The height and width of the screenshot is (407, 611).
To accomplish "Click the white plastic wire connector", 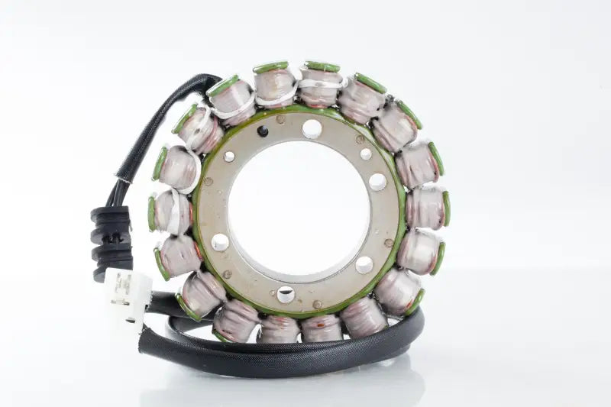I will coord(127,293).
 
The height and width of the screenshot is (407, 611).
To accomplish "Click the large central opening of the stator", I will coord(299,209).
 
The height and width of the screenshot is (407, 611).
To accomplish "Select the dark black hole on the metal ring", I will coord(263,131).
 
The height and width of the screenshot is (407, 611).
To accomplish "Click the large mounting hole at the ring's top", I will coord(312,129).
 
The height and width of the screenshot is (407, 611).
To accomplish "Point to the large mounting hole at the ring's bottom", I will coord(286,294).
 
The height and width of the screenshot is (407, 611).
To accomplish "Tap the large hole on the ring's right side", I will coord(377,182).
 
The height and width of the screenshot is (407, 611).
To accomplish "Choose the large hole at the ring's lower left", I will coord(220,242).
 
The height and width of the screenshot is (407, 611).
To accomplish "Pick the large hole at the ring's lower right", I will coord(364,265).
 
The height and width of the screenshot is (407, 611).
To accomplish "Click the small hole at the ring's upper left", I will coord(229,157).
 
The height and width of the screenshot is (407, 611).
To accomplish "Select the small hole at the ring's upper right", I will coord(366,153).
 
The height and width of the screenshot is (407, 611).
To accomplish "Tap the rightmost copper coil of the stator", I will coord(426,208).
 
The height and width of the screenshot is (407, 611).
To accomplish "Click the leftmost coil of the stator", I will coord(170,212).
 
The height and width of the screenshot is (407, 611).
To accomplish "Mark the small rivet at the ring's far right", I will coord(389,243).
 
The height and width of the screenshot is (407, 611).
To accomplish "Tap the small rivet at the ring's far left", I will coord(207,182).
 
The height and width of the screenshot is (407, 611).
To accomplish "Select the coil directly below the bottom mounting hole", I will coord(280,328).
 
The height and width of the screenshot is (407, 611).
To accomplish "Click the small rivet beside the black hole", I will coord(280,119).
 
